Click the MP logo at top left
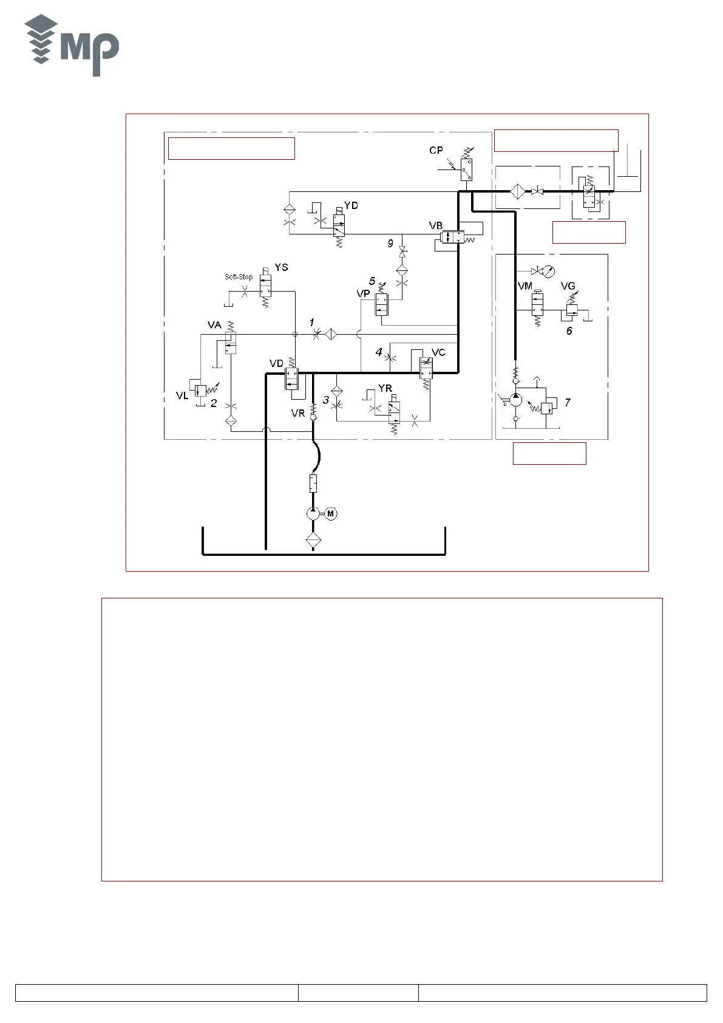[x=72, y=46]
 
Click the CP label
[x=436, y=151]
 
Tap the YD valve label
[x=351, y=205]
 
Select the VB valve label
[x=436, y=226]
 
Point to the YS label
[x=281, y=267]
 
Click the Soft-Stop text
[x=239, y=277]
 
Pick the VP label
[x=363, y=294]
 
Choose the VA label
[x=214, y=326]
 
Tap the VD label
[x=276, y=364]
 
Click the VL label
[x=182, y=396]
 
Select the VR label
[x=297, y=414]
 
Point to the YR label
[x=385, y=389]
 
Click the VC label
[x=438, y=353]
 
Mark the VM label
[x=525, y=286]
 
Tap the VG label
[x=568, y=286]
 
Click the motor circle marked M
[x=331, y=514]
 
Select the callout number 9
[x=391, y=244]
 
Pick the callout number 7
[x=568, y=402]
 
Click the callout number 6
[x=569, y=331]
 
